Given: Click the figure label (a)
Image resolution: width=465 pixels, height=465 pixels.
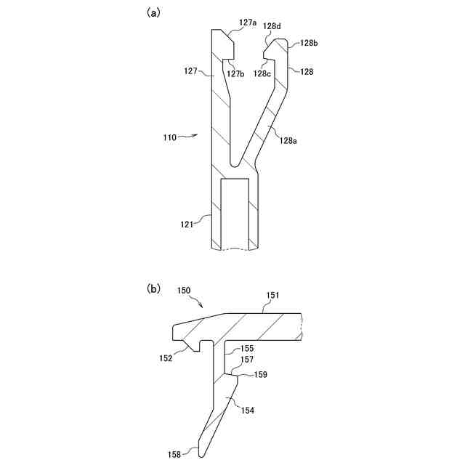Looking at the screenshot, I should click(153, 12).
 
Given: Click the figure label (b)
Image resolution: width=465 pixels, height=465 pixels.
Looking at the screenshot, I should click(154, 288).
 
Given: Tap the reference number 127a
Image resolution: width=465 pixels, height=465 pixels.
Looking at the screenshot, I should click(248, 23).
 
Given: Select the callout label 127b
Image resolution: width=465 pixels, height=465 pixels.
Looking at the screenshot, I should click(235, 73).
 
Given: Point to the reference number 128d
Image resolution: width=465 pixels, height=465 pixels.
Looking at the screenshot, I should click(272, 26).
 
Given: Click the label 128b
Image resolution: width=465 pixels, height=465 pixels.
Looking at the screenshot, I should click(308, 44).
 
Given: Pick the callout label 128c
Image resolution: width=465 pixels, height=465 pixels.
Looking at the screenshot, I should click(262, 73).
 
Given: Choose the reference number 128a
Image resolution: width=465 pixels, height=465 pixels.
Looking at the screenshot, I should click(288, 141).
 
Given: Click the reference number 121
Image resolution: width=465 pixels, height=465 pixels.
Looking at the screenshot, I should click(187, 225).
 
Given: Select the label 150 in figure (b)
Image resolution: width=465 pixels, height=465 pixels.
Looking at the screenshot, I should click(184, 290).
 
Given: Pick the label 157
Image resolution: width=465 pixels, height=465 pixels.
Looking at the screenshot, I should click(248, 360).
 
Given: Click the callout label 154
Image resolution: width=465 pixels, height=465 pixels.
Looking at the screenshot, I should click(248, 411).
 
